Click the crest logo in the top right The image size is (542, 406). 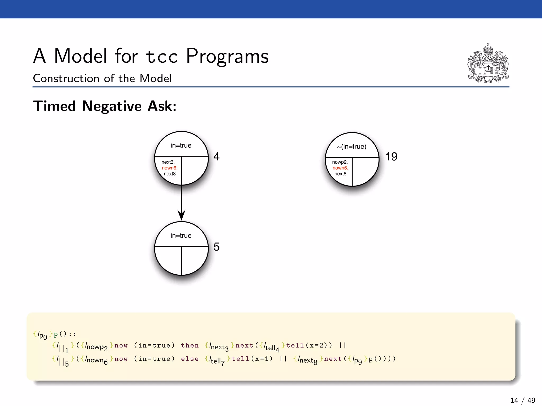(488, 63)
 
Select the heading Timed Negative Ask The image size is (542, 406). (105, 106)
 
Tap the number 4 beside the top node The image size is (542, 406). (216, 156)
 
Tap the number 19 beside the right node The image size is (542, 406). (391, 156)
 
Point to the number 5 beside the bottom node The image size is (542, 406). (216, 247)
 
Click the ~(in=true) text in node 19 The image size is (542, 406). (351, 147)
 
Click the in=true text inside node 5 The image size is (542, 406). (181, 236)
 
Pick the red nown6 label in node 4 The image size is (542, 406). (169, 168)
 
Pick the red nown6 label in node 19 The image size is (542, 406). (340, 168)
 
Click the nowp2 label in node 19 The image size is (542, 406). (340, 162)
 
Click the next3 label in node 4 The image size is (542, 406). (168, 162)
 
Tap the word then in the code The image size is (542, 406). (190, 345)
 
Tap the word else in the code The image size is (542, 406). (190, 359)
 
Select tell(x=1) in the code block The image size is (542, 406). (252, 359)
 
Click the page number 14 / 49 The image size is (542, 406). (522, 400)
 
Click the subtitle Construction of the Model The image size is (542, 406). (102, 79)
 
